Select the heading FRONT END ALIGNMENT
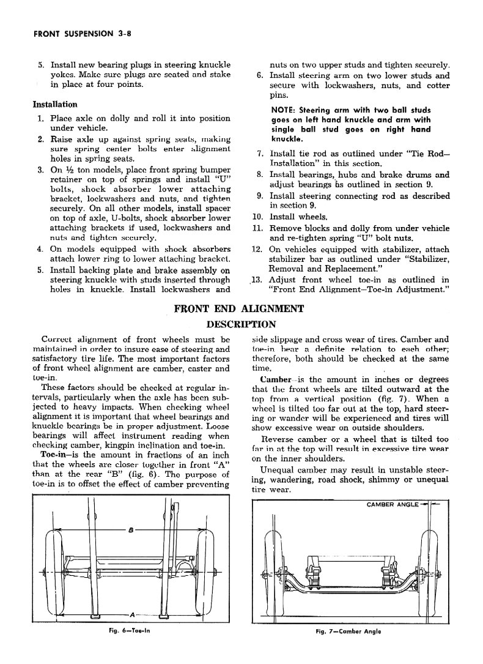[238, 308]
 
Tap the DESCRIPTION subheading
[242, 324]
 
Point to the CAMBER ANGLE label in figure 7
[392, 505]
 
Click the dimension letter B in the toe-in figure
[130, 530]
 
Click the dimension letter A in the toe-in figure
[132, 612]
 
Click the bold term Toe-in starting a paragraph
[54, 456]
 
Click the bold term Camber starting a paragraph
[275, 379]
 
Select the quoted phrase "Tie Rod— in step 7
[428, 153]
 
